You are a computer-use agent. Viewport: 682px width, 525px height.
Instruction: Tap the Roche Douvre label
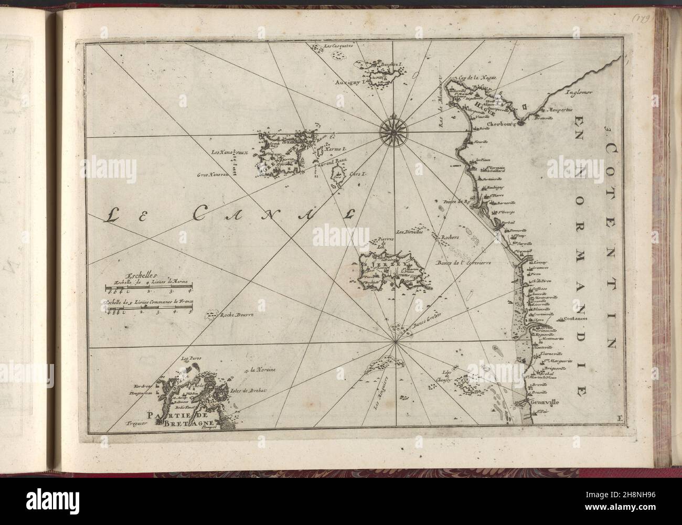(237, 315)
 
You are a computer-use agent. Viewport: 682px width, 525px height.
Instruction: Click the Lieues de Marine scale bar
(148, 287)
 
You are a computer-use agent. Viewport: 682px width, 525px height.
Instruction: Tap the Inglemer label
(579, 93)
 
